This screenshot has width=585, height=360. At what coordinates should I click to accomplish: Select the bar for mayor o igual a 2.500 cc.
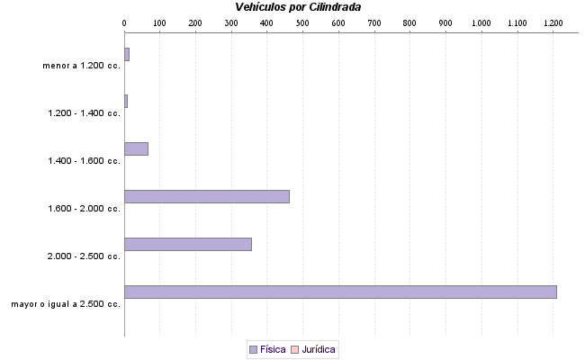tap(340, 292)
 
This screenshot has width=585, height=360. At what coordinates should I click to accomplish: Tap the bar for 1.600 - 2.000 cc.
tap(207, 196)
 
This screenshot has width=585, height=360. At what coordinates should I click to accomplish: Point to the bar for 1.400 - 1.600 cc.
tap(136, 148)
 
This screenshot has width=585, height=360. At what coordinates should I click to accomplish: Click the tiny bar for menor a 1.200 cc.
tap(127, 54)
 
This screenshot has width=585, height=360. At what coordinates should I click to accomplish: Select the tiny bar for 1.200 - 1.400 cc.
tap(126, 101)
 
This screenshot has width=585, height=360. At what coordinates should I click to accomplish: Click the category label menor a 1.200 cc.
tap(81, 66)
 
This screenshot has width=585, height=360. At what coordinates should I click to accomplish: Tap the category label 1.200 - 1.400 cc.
tap(84, 113)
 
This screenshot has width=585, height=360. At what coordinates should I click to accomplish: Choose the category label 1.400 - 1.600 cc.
tap(84, 161)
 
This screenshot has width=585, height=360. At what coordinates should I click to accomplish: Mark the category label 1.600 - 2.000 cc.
tap(84, 209)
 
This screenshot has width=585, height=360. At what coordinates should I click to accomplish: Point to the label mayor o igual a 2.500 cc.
tap(66, 304)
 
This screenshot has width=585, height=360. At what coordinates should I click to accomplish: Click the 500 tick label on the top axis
tap(302, 22)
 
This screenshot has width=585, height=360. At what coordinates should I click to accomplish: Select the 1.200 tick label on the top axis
tap(553, 22)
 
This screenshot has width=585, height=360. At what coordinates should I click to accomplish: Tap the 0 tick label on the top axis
tap(124, 22)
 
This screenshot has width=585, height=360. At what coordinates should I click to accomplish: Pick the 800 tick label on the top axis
tap(409, 22)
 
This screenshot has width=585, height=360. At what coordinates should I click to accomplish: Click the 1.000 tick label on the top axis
tap(481, 22)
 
